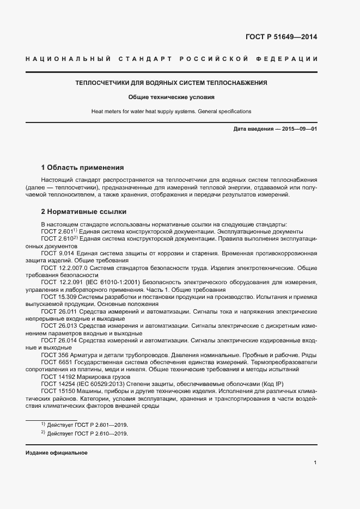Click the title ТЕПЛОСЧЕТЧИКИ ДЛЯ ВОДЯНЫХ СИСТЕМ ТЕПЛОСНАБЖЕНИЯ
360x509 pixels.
[x=171, y=83]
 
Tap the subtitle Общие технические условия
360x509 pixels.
[x=171, y=97]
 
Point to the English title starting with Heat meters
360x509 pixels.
[x=171, y=111]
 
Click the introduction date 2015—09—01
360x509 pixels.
[x=298, y=128]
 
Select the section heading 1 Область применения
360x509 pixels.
[x=83, y=167]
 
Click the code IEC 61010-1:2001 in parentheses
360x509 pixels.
[x=113, y=282]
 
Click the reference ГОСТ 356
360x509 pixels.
[x=54, y=354]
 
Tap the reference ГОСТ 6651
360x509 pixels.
[x=56, y=361]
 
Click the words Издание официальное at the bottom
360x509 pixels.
[x=56, y=453]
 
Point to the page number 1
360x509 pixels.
[x=315, y=463]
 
